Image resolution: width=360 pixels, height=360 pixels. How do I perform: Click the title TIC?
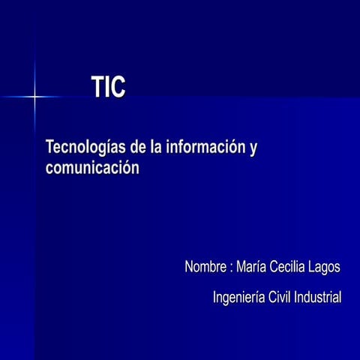point(108,88)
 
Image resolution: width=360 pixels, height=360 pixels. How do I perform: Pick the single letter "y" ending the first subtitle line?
point(253,148)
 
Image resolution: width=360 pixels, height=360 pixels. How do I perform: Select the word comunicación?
point(92,167)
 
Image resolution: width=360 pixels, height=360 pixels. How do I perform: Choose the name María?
point(253,267)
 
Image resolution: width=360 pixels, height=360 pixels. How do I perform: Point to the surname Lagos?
point(325,268)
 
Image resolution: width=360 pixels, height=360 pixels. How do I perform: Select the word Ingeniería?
point(238,298)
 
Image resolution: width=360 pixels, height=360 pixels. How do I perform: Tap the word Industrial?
point(318,297)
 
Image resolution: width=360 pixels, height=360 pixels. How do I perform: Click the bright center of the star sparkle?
point(34,97)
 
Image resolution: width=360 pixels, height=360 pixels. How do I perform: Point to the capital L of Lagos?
point(312,267)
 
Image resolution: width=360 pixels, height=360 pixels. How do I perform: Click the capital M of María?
point(241,267)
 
